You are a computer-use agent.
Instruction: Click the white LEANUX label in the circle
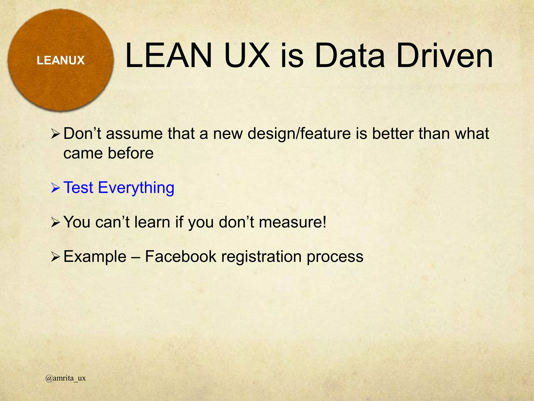pyautogui.click(x=60, y=60)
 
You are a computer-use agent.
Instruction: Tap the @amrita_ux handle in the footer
pyautogui.click(x=65, y=378)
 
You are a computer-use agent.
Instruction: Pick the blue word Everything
pyautogui.click(x=136, y=188)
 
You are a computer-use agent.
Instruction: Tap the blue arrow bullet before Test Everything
pyautogui.click(x=56, y=188)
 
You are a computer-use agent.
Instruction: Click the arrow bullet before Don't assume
pyautogui.click(x=56, y=134)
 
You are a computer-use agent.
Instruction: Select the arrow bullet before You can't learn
pyautogui.click(x=56, y=222)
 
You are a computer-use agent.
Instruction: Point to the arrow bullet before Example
pyautogui.click(x=56, y=257)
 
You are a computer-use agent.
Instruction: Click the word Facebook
pyautogui.click(x=180, y=256)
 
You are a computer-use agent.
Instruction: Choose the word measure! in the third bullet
pyautogui.click(x=293, y=222)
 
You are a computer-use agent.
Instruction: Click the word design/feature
pyautogui.click(x=299, y=134)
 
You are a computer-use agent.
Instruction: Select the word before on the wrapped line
pyautogui.click(x=131, y=153)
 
